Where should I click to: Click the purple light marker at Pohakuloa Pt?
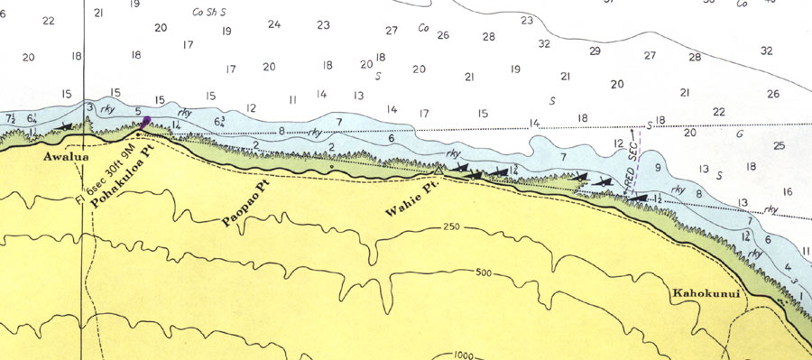146,123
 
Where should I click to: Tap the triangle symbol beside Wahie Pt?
439,170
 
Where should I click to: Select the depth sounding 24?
274,24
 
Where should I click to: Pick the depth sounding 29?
595,51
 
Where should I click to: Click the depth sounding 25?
780,145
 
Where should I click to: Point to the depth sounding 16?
788,191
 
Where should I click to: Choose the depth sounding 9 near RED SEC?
658,168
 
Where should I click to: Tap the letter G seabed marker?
740,134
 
